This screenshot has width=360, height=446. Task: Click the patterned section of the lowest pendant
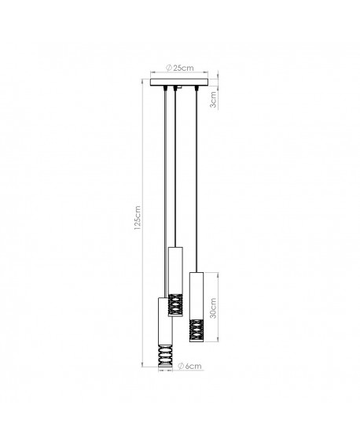166,356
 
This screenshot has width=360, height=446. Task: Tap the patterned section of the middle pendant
177,306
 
